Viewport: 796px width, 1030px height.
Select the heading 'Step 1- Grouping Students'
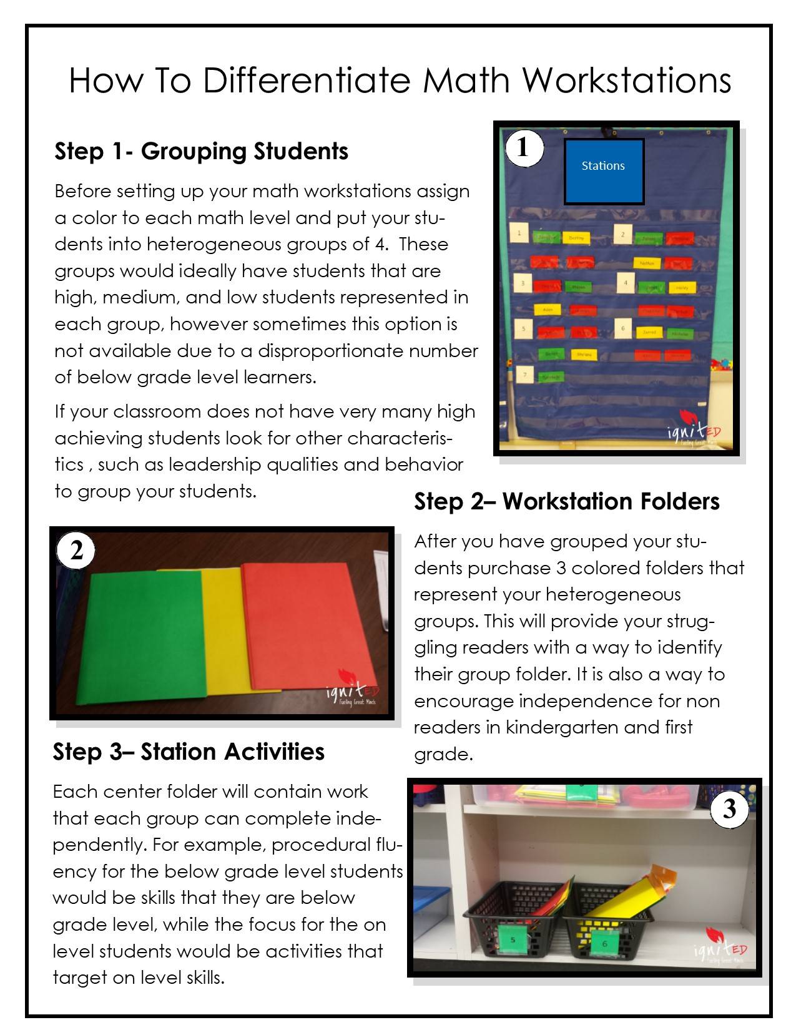[201, 151]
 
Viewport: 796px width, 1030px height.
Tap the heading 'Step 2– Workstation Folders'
[566, 501]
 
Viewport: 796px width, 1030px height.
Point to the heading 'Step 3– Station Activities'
[189, 752]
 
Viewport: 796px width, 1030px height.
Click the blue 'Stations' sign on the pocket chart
[604, 172]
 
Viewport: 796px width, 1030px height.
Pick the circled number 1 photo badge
[523, 148]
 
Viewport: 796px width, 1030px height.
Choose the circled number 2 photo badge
[76, 551]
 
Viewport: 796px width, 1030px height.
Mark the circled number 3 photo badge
[730, 810]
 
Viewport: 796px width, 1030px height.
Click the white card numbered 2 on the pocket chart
[622, 235]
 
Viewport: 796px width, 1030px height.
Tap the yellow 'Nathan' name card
[647, 263]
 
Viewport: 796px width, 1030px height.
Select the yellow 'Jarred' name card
[649, 332]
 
